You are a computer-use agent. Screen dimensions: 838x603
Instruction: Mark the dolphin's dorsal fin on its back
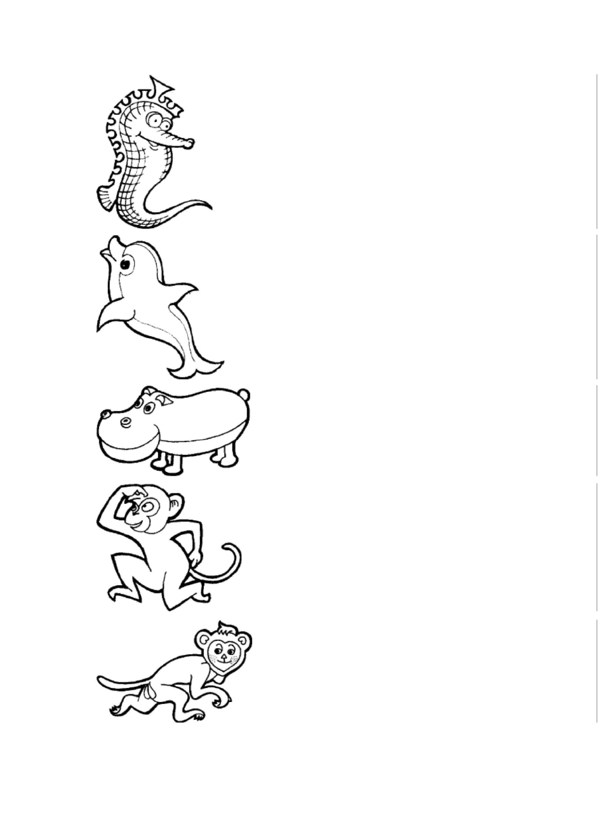coord(184,294)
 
